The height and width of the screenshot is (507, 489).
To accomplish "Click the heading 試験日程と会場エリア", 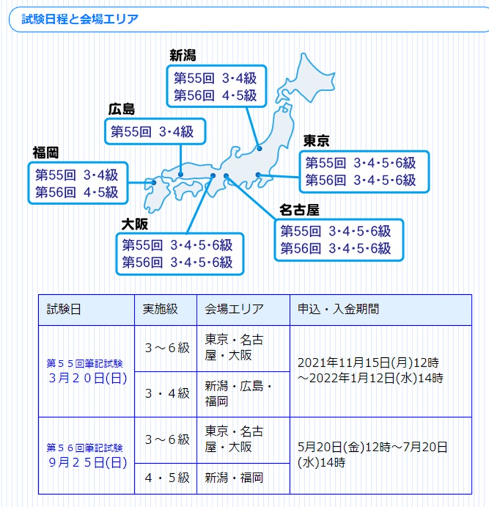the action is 80,20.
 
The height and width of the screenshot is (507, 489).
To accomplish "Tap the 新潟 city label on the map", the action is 183,55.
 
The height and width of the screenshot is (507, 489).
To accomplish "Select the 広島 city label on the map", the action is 122,109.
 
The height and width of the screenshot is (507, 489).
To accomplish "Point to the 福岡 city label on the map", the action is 46,152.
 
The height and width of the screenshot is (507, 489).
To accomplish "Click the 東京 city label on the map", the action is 316,141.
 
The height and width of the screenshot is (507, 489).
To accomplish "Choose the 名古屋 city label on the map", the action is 299,211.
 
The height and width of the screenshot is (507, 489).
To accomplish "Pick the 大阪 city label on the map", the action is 135,225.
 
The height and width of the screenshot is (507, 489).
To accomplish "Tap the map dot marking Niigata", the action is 259,149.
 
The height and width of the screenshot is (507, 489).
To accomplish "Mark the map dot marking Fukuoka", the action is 153,182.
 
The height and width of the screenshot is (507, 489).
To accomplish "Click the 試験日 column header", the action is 64,309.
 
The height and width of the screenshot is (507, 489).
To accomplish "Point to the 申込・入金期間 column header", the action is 338,309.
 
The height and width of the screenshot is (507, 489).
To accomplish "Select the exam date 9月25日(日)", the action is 87,463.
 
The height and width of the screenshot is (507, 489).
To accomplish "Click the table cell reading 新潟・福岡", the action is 234,478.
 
